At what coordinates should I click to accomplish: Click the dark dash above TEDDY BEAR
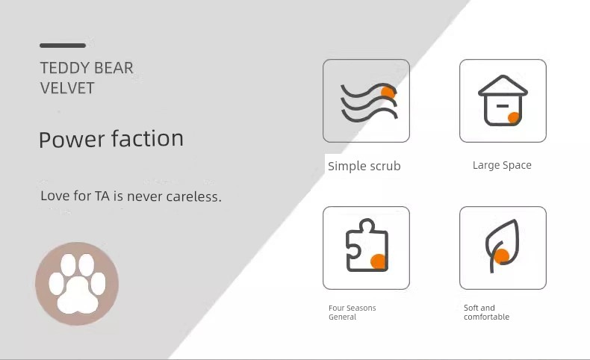click(63, 46)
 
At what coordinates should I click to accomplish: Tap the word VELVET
click(67, 88)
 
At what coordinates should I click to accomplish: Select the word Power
click(72, 139)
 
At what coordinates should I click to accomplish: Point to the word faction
click(148, 138)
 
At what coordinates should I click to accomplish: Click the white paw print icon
click(77, 284)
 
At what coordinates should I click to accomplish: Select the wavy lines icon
click(369, 102)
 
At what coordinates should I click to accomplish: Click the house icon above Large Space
click(503, 100)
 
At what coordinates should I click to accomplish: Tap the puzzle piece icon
click(367, 245)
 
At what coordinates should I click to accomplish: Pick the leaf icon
click(503, 245)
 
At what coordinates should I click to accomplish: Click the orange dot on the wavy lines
click(388, 93)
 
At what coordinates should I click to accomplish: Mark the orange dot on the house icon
click(513, 117)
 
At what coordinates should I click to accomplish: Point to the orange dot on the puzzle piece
click(378, 261)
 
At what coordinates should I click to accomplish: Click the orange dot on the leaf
click(502, 256)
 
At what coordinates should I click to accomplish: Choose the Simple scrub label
click(364, 167)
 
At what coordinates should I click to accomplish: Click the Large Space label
click(502, 165)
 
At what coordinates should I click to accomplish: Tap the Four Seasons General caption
click(353, 312)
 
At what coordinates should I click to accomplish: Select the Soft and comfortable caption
click(486, 312)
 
